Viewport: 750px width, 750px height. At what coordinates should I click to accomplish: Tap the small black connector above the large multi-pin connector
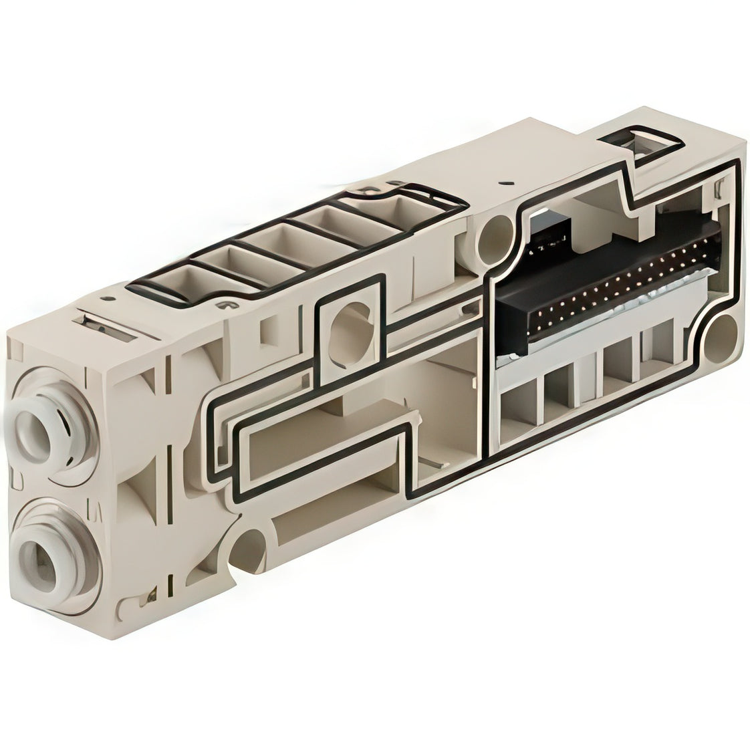(551, 230)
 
